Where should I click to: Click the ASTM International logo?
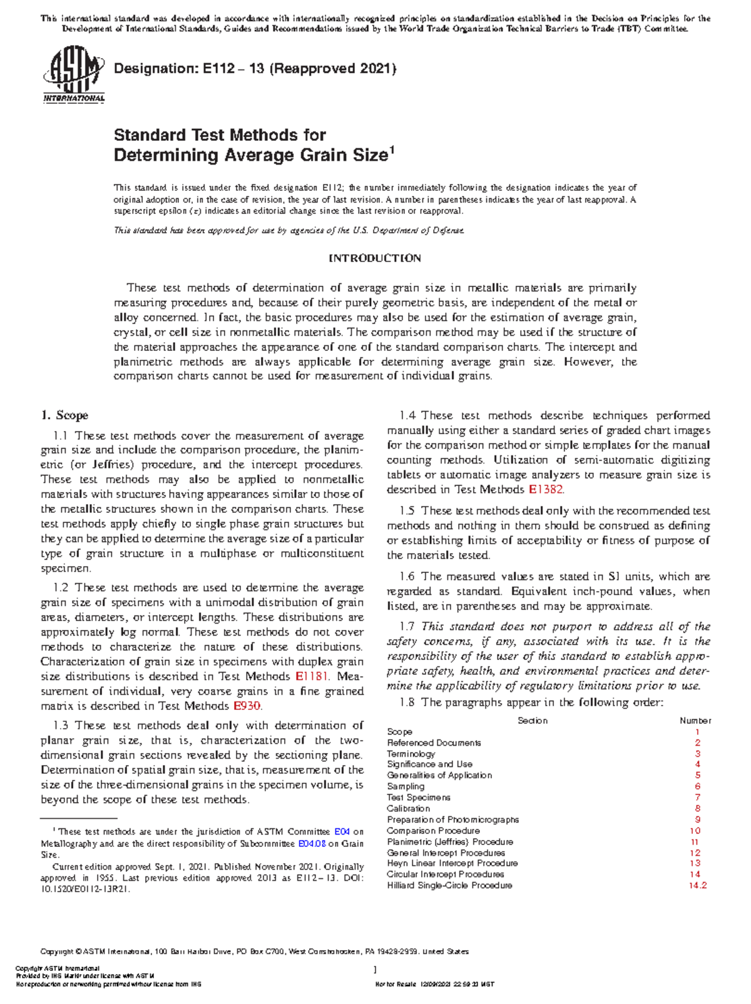point(73,78)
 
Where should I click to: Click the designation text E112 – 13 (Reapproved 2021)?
point(255,69)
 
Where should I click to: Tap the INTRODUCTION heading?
point(375,258)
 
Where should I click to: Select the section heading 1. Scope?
point(64,415)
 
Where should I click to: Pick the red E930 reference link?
point(246,706)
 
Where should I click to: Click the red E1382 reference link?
point(546,490)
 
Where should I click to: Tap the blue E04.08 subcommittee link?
point(312,844)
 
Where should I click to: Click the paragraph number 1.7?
point(407,627)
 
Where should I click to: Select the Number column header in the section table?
point(695,721)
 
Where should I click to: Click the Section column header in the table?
point(533,721)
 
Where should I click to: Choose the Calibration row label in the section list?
point(408,809)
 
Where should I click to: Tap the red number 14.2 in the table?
point(697,886)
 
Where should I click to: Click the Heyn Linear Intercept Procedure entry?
point(452,864)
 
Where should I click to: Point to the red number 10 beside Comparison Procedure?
point(695,831)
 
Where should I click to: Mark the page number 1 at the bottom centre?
point(375,970)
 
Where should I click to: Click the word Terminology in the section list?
point(411,754)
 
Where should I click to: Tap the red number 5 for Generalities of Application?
point(698,776)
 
